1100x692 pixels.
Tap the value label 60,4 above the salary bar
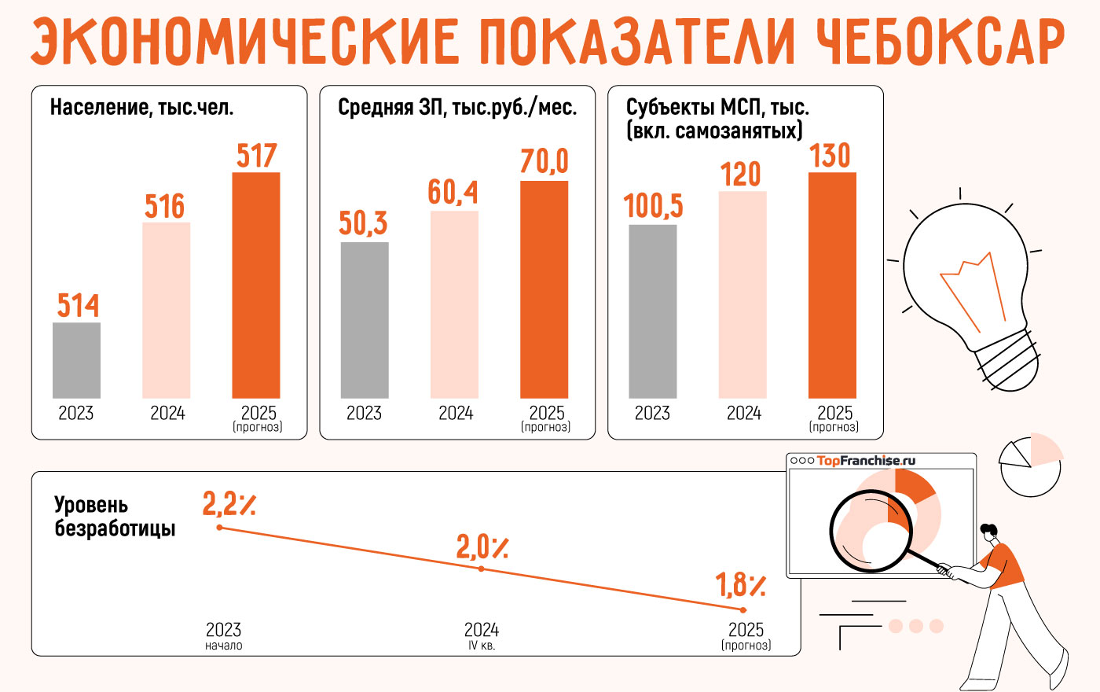pos(453,192)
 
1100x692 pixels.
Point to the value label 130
pos(830,155)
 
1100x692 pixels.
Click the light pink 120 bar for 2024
pos(742,294)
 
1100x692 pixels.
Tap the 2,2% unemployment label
pos(229,503)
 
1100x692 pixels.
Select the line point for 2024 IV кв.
pos(482,569)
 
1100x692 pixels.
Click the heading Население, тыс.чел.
pos(142,108)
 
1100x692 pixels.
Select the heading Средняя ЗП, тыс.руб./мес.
pos(457,108)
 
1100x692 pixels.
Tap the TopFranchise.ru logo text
pos(866,461)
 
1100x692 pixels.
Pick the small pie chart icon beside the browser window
pos(1030,464)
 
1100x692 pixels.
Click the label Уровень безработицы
pos(114,517)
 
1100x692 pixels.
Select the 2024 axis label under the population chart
pos(167,414)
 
